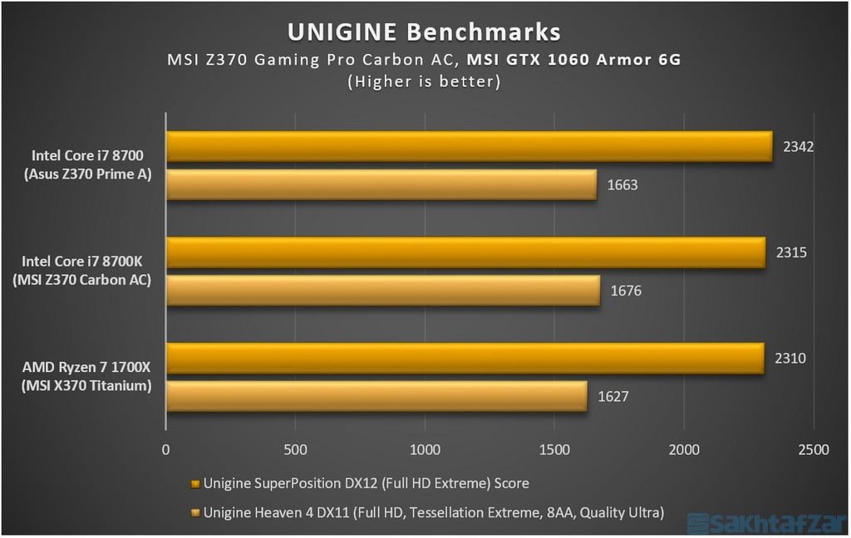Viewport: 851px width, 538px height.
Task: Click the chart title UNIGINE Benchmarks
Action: click(424, 32)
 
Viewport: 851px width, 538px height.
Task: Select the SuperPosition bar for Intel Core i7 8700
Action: click(469, 147)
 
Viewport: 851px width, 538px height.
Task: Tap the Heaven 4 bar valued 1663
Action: click(381, 185)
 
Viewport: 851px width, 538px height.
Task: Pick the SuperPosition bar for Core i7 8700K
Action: click(465, 253)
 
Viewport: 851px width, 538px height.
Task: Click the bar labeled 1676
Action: click(383, 291)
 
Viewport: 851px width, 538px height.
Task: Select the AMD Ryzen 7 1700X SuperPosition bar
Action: click(465, 359)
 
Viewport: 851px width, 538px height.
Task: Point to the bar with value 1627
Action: click(376, 397)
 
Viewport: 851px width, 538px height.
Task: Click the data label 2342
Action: click(798, 147)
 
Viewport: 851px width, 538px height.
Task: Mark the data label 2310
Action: click(790, 359)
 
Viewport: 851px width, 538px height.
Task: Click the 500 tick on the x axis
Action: click(295, 450)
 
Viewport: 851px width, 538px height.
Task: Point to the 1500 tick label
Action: click(554, 450)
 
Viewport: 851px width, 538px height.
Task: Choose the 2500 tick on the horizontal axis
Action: click(813, 450)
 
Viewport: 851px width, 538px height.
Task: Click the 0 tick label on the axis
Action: click(166, 450)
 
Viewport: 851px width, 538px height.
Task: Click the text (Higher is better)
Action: click(424, 81)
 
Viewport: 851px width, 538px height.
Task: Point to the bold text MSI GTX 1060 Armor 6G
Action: click(573, 60)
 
